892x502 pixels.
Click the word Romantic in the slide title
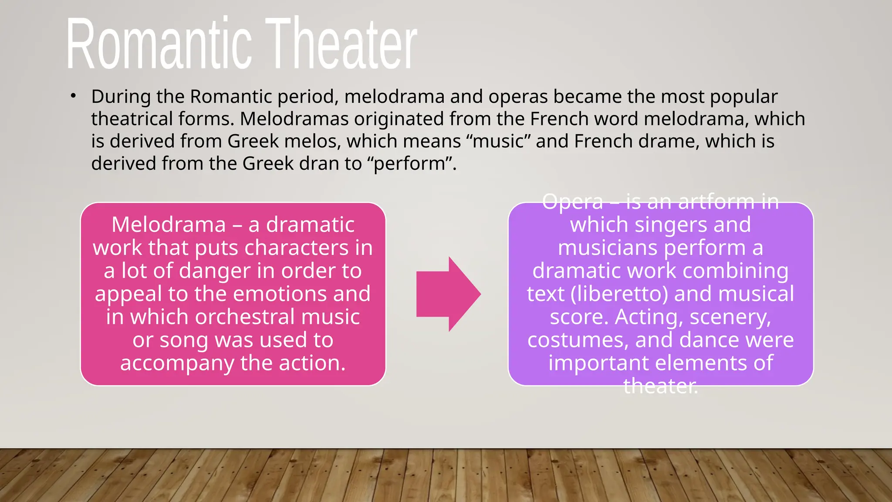tap(159, 44)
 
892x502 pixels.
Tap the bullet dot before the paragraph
tap(74, 96)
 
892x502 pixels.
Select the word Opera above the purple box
tap(572, 202)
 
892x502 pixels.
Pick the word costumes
tap(578, 340)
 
